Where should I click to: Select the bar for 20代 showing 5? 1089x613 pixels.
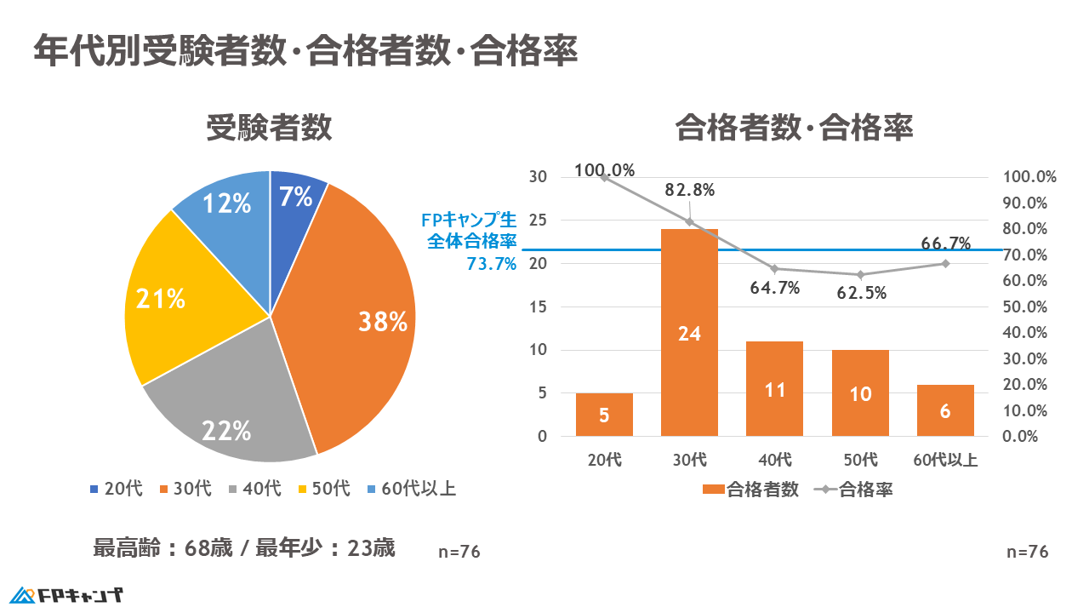[604, 415]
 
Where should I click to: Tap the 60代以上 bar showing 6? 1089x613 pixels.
[945, 410]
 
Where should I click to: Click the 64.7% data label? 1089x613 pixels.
[774, 288]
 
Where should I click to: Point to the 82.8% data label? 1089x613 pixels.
[689, 190]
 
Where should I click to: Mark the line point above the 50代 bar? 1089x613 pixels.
[860, 274]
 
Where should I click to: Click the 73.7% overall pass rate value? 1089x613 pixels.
[492, 264]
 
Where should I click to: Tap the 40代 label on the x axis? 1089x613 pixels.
[774, 461]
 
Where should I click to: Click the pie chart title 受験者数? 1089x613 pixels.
[269, 129]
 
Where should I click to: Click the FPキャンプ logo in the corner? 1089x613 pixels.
[66, 594]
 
